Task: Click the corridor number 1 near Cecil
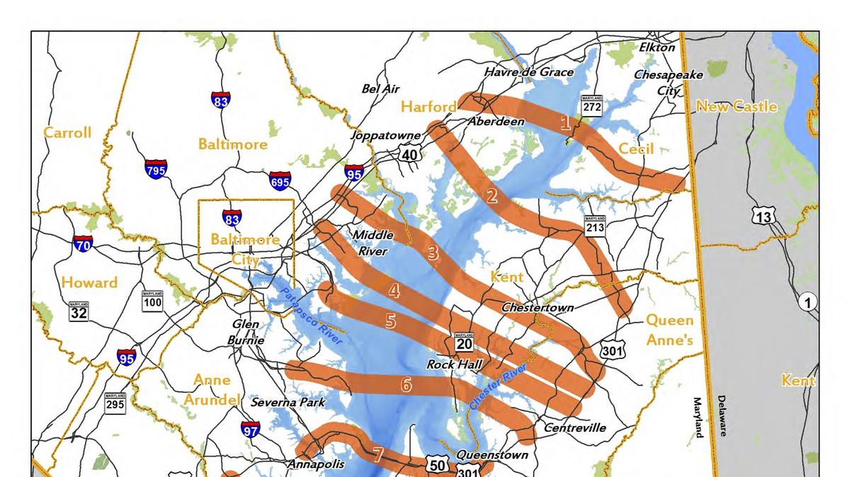point(565,123)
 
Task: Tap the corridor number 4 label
point(394,290)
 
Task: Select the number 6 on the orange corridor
point(406,385)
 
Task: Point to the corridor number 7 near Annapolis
point(378,454)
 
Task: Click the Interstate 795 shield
point(155,170)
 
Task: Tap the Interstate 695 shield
point(280,181)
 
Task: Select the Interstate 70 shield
point(82,245)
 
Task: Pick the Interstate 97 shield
point(250,429)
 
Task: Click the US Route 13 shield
point(764,217)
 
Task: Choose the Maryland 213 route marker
point(594,226)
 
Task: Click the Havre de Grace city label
point(528,72)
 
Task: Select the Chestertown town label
point(538,308)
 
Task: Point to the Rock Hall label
point(454,364)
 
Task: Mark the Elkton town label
point(657,47)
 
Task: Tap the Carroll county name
point(67,132)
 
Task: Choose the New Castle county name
point(737,107)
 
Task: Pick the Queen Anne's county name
point(669,330)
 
